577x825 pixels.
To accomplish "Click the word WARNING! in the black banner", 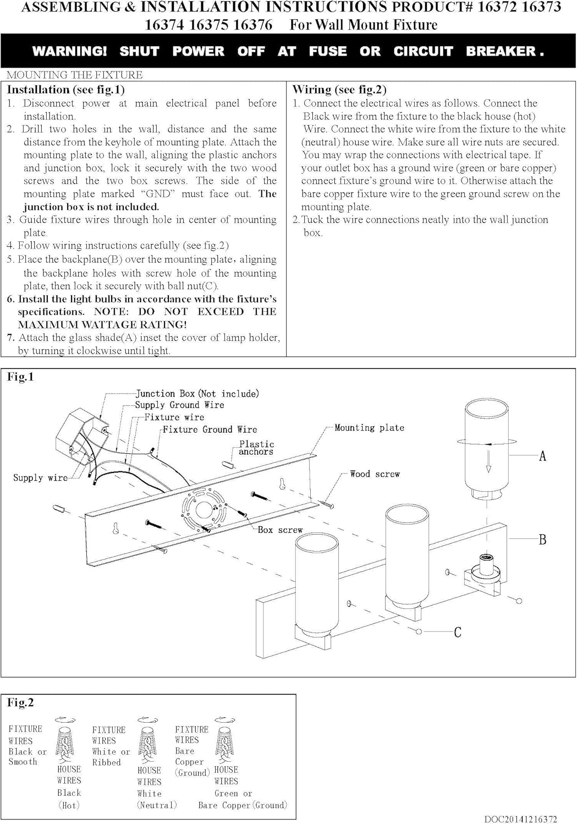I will pyautogui.click(x=69, y=51).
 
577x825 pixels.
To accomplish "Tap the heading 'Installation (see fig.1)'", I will pyautogui.click(x=65, y=90).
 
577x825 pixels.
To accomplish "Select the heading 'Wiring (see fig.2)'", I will pyautogui.click(x=339, y=90).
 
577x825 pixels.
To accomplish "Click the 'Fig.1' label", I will pyautogui.click(x=20, y=377).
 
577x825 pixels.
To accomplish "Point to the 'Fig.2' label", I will pyautogui.click(x=20, y=702).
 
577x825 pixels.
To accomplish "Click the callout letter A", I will pyautogui.click(x=542, y=456).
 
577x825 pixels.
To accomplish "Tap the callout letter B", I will pyautogui.click(x=542, y=540).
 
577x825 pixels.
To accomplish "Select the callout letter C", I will pyautogui.click(x=457, y=632).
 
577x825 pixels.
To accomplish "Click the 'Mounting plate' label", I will pyautogui.click(x=369, y=427).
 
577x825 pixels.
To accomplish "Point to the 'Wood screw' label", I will pyautogui.click(x=375, y=474).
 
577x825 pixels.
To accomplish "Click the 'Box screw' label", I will pyautogui.click(x=280, y=530).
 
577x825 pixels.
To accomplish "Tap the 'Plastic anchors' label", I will pyautogui.click(x=256, y=448).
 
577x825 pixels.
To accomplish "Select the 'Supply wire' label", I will pyautogui.click(x=40, y=477).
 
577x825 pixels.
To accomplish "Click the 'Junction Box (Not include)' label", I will pyautogui.click(x=197, y=393).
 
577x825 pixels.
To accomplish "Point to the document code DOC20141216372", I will pyautogui.click(x=520, y=819).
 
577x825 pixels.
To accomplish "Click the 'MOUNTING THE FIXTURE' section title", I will pyautogui.click(x=74, y=75).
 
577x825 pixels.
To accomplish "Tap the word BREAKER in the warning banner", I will pyautogui.click(x=501, y=51).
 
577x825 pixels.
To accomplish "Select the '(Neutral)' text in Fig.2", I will pyautogui.click(x=157, y=805).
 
